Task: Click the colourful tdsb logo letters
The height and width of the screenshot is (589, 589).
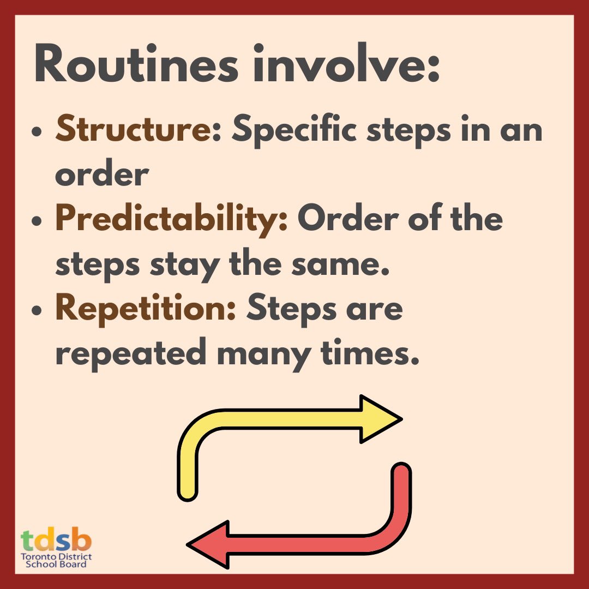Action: coord(56,540)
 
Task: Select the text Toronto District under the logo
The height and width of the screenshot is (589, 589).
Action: coord(56,557)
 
